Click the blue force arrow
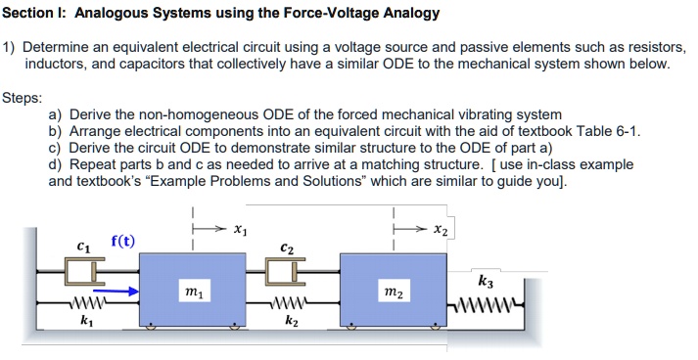[116, 290]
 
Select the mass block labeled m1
[194, 291]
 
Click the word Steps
[23, 98]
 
